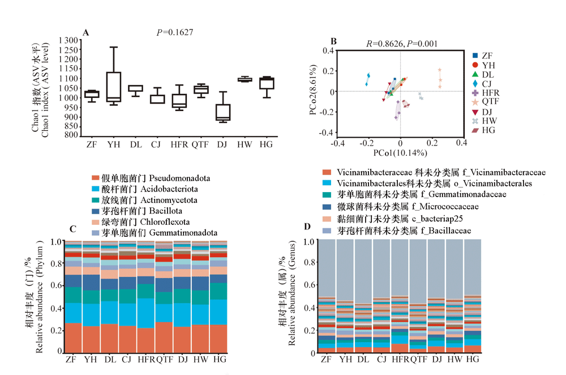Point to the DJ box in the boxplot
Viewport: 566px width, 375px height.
click(224, 112)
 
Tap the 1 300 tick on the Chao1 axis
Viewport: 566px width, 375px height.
click(67, 41)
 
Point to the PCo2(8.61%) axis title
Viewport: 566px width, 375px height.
click(313, 92)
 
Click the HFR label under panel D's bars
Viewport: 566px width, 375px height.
click(400, 360)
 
